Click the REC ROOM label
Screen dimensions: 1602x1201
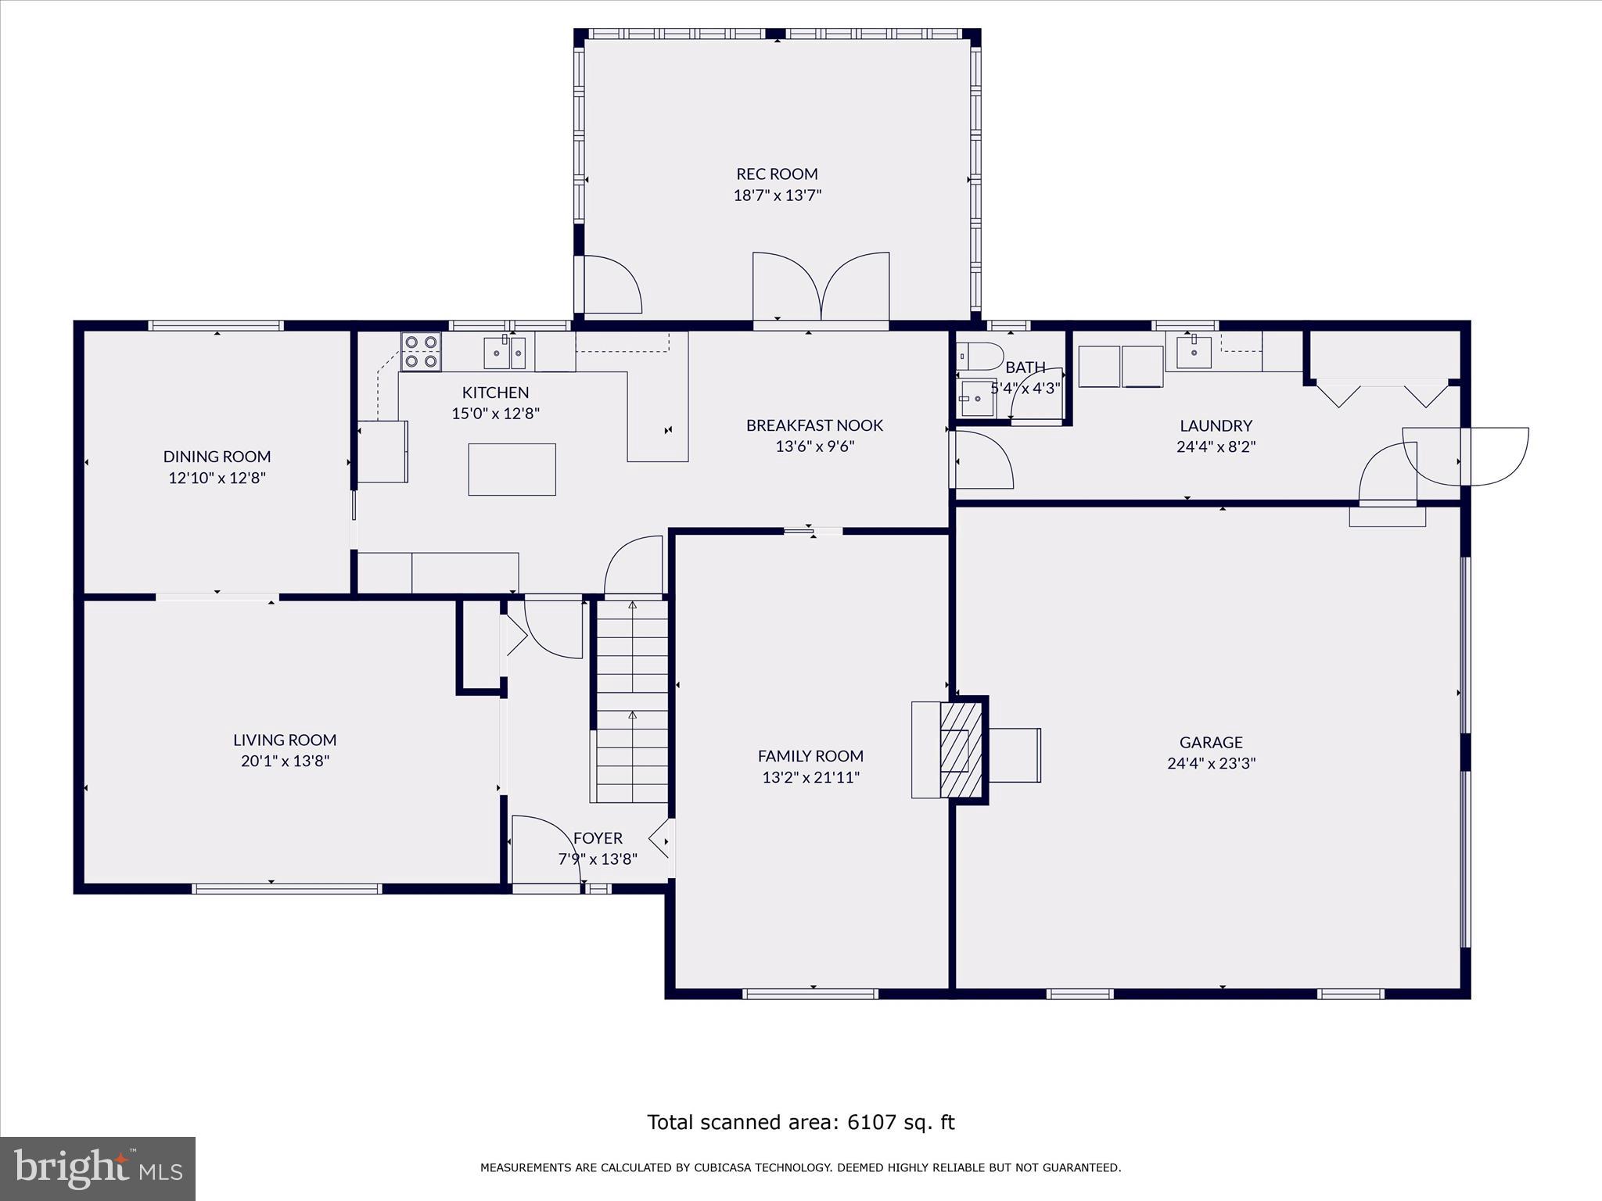click(x=777, y=174)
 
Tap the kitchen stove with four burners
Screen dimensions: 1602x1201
click(x=421, y=351)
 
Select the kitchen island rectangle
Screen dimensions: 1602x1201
click(x=512, y=469)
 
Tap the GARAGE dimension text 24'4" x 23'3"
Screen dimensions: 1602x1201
click(x=1211, y=763)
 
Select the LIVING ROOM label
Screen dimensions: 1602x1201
click(x=285, y=740)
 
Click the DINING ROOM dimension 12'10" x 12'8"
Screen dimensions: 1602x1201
click(x=217, y=478)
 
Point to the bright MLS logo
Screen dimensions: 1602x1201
click(x=98, y=1169)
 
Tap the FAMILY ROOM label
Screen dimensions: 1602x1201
click(x=810, y=756)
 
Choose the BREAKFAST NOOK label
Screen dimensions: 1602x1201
click(x=814, y=425)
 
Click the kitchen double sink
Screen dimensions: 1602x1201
click(x=505, y=353)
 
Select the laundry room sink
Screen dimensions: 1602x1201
click(x=1194, y=352)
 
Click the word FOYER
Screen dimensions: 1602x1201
click(x=598, y=838)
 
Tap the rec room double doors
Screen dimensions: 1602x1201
click(x=821, y=286)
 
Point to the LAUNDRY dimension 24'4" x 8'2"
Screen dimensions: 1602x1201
click(x=1216, y=447)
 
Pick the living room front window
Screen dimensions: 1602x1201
click(x=287, y=888)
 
